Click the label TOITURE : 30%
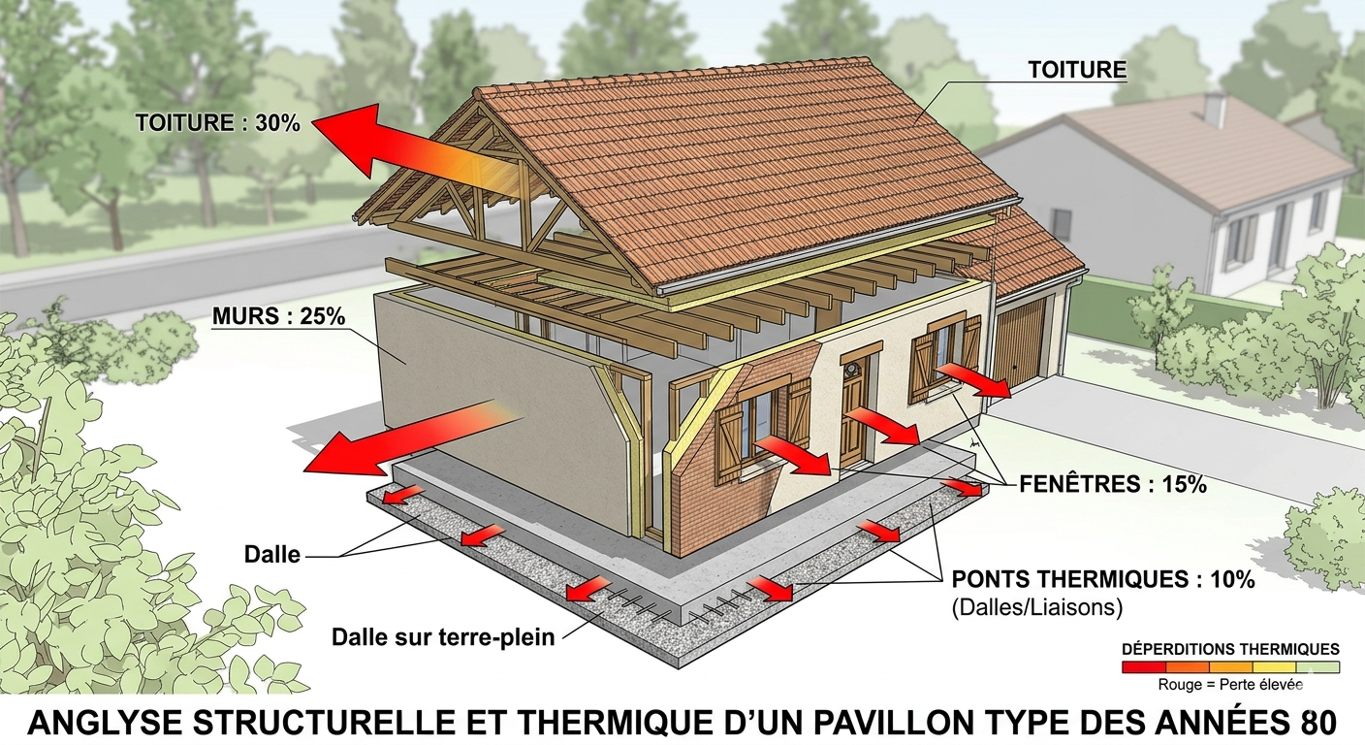pyautogui.click(x=219, y=123)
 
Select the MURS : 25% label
pyautogui.click(x=278, y=316)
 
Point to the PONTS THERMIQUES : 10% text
pyautogui.click(x=1104, y=580)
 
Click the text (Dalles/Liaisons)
pyautogui.click(x=1037, y=608)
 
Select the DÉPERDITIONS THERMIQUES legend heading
pyautogui.click(x=1230, y=649)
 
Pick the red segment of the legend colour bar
pyautogui.click(x=1144, y=667)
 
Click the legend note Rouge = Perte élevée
pyautogui.click(x=1230, y=684)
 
